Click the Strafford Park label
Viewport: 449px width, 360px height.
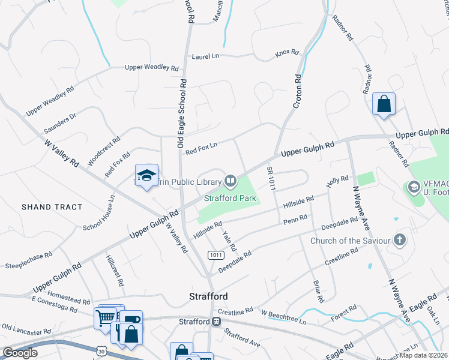point(230,198)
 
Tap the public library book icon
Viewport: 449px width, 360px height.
point(231,180)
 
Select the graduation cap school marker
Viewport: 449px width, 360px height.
point(146,176)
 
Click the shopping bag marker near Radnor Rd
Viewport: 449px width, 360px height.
point(384,104)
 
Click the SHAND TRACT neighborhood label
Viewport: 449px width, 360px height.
point(52,207)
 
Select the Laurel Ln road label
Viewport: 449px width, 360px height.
point(206,56)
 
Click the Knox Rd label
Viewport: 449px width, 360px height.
point(287,53)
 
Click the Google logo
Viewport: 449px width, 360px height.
point(20,353)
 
